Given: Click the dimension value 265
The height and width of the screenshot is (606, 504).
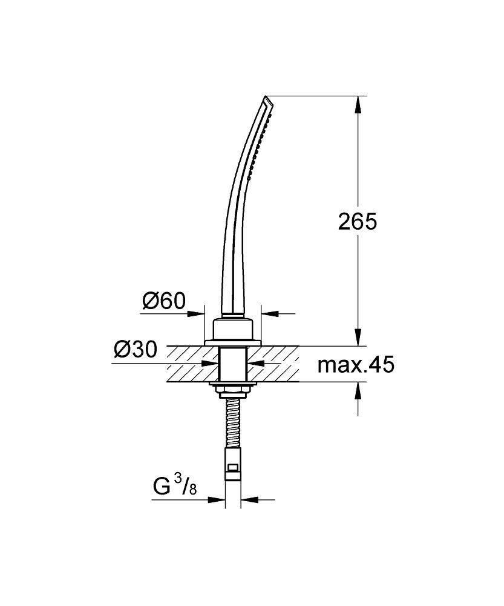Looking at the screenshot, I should coord(357,221).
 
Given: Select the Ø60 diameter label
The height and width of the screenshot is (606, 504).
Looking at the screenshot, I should coord(163,301).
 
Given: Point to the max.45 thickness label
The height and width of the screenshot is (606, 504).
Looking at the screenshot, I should coord(356,365).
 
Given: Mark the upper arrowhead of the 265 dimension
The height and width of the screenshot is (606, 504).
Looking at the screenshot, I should coord(358,104).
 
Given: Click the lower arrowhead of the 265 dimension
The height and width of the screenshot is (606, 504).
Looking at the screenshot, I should coord(358,337).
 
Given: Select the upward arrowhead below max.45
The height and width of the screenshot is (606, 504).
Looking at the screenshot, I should coord(358,391).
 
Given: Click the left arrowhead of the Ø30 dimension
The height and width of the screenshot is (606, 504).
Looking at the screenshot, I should coord(211,364).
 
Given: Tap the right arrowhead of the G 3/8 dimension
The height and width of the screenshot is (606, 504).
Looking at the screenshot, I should coord(249,500).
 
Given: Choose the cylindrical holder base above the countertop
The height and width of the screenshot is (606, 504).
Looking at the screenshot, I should coord(232,329).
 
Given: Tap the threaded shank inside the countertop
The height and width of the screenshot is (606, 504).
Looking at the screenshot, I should coord(232,364).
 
